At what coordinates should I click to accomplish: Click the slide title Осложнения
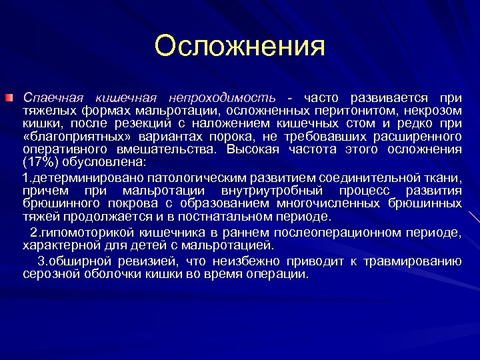(x=239, y=46)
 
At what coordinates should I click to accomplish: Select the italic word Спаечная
(x=51, y=97)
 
